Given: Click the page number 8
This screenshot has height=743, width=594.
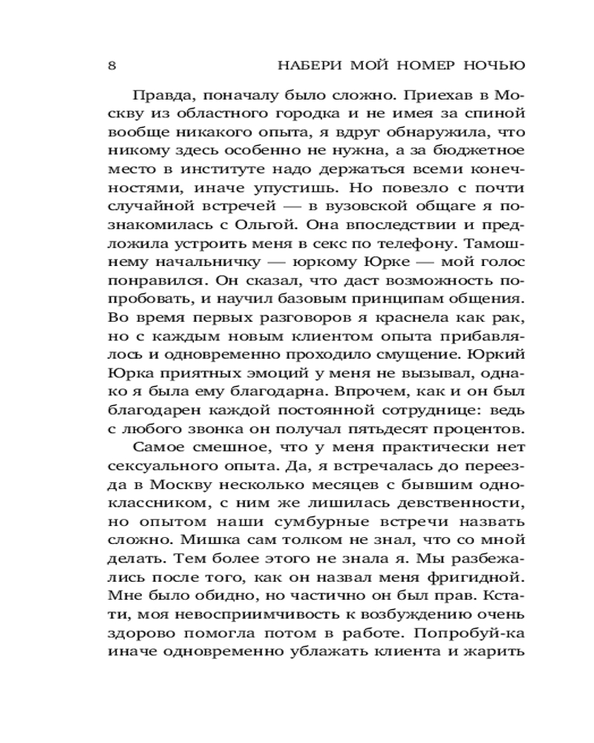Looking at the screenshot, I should click(111, 65).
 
